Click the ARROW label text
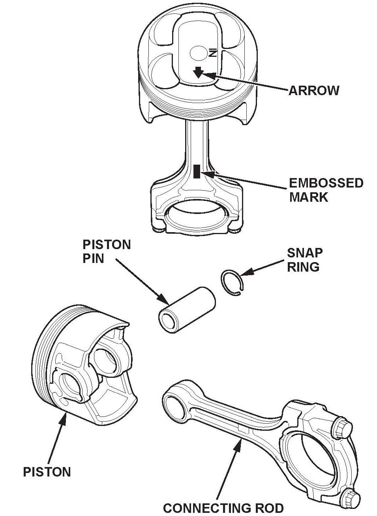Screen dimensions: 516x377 point(314,90)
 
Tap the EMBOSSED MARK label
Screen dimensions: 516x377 point(326,190)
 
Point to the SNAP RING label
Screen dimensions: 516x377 point(304,259)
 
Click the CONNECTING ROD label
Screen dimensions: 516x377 point(223,508)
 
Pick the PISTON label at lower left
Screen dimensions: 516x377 point(47,472)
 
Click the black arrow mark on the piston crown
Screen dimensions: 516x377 point(198,72)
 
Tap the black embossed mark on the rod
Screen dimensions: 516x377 point(197,172)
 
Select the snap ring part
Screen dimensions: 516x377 point(233,282)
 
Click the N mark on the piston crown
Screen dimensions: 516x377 point(213,53)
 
